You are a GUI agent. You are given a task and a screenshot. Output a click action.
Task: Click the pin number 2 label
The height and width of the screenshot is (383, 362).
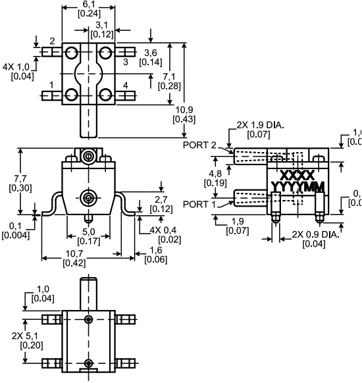click(52, 41)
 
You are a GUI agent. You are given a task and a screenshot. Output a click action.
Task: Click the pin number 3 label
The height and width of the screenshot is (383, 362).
click(124, 61)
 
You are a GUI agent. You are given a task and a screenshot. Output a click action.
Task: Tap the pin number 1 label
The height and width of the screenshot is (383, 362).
click(51, 86)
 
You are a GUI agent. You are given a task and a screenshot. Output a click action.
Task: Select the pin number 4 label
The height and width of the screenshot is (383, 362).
click(126, 86)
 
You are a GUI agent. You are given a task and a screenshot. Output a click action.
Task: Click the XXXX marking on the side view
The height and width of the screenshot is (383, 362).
click(297, 176)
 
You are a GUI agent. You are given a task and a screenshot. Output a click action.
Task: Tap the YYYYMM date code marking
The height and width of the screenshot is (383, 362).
click(297, 188)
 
